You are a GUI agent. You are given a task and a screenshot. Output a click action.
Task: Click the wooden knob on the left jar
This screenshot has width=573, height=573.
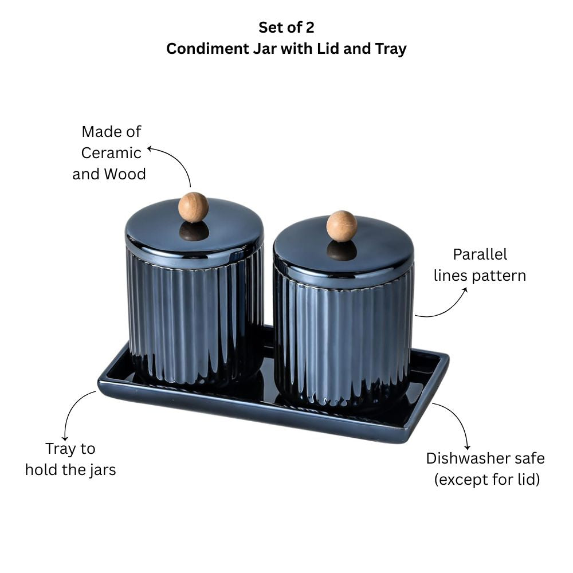[x=193, y=207]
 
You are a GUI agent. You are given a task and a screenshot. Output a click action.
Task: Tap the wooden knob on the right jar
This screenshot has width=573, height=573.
[x=342, y=226]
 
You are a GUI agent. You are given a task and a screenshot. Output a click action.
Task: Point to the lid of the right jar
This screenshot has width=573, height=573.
[x=343, y=246]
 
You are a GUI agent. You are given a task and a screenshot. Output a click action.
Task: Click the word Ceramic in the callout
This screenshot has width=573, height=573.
[x=111, y=153]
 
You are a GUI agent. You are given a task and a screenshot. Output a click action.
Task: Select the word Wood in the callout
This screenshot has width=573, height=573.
[x=124, y=174]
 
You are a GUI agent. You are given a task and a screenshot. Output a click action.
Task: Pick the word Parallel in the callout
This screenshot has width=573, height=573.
[x=480, y=254]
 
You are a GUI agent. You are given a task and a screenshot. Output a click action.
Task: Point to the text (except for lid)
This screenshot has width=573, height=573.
[x=486, y=480]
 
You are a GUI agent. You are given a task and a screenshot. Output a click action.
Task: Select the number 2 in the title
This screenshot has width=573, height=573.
[x=310, y=28]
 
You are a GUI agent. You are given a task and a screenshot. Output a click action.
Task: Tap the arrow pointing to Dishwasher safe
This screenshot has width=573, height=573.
[x=458, y=418]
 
